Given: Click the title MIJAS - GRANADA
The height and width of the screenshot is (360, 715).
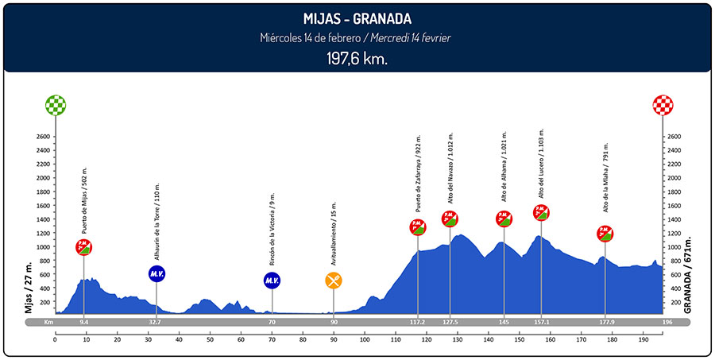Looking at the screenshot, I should click(x=357, y=18).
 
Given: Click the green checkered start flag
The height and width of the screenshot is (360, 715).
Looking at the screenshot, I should click(x=56, y=105).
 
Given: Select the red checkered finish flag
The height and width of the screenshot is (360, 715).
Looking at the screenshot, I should click(x=663, y=105).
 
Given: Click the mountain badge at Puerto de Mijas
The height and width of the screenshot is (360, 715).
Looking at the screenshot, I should click(x=84, y=247).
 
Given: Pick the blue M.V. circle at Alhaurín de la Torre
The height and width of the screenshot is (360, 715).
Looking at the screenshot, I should click(x=157, y=274).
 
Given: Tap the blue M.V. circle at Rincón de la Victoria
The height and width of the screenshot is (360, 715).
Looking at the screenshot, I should click(x=272, y=280).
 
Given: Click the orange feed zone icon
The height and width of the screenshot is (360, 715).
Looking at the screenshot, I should click(x=334, y=280).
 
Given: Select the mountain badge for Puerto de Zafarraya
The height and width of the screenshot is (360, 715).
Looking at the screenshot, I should click(x=418, y=227).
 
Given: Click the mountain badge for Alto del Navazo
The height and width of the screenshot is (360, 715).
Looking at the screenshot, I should click(x=450, y=219).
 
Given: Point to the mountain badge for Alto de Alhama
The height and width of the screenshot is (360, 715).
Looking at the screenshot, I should click(x=504, y=219).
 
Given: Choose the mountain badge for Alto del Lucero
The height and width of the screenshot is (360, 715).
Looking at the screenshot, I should click(x=541, y=212).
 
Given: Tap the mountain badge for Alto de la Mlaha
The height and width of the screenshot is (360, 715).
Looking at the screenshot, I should click(x=605, y=234).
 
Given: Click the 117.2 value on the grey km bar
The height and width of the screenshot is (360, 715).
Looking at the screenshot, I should click(x=418, y=323).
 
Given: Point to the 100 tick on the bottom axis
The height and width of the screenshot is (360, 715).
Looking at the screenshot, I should click(x=365, y=340).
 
